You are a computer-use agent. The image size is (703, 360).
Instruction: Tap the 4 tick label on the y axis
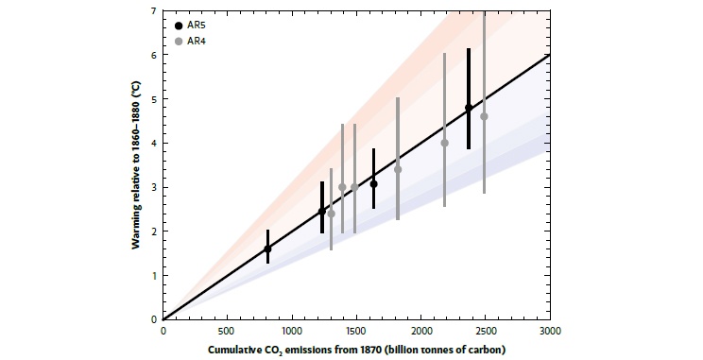pyautogui.click(x=156, y=143)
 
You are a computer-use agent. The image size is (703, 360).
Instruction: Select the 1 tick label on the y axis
pyautogui.click(x=156, y=275)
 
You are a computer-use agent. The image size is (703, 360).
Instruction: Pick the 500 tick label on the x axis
pyautogui.click(x=228, y=332)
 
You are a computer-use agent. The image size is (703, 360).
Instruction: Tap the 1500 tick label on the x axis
pyautogui.click(x=357, y=332)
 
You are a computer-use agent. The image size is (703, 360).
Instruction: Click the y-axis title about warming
pyautogui.click(x=139, y=164)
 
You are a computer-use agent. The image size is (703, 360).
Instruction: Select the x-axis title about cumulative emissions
pyautogui.click(x=357, y=350)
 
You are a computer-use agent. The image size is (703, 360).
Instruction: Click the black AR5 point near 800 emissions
pyautogui.click(x=267, y=249)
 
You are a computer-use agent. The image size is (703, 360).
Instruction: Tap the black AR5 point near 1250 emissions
pyautogui.click(x=322, y=212)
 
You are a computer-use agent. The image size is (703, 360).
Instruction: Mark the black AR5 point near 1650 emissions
pyautogui.click(x=374, y=183)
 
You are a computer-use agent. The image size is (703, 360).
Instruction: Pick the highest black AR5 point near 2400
pyautogui.click(x=469, y=108)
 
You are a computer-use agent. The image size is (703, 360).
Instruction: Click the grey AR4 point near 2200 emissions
pyautogui.click(x=445, y=143)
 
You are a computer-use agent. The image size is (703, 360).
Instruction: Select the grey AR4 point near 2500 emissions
pyautogui.click(x=484, y=116)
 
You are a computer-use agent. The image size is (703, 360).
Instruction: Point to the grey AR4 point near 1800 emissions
pyautogui.click(x=398, y=169)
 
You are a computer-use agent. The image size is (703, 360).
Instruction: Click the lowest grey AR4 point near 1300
pyautogui.click(x=331, y=214)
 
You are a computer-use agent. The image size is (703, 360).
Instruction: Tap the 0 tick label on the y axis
pyautogui.click(x=156, y=319)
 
